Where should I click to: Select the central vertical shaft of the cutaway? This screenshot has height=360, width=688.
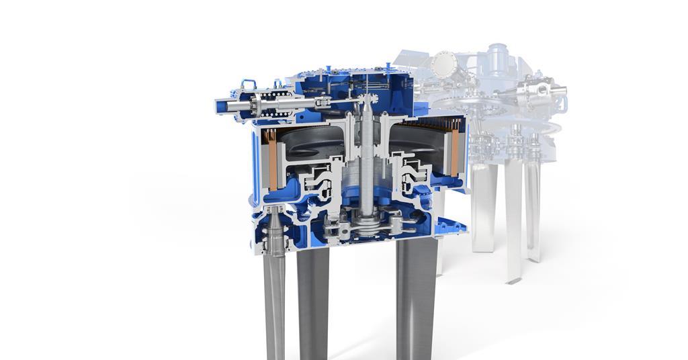click(x=367, y=168)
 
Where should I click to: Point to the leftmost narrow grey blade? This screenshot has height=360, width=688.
click(x=275, y=302)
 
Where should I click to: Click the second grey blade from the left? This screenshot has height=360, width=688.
click(x=313, y=302)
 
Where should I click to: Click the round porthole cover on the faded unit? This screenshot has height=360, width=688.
click(x=443, y=66)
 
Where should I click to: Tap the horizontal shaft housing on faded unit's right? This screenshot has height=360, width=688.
click(x=541, y=90)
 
